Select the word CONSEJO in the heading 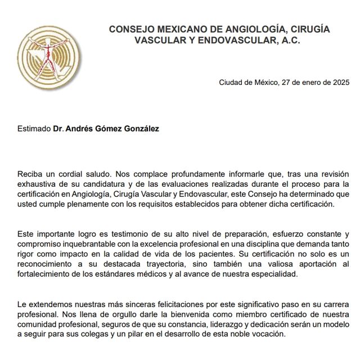coord(129,29)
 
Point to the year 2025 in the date coord(340,83)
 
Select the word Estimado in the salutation coord(34,129)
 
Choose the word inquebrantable coord(90,244)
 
